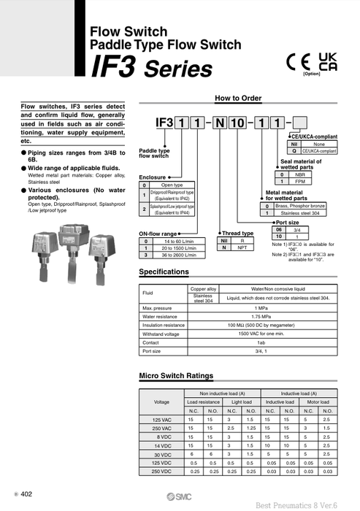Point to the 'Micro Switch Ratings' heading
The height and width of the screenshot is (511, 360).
point(176,376)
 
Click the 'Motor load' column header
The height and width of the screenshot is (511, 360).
point(318,401)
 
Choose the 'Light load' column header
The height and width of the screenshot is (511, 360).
point(241,401)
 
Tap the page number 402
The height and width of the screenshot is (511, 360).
point(27,494)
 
